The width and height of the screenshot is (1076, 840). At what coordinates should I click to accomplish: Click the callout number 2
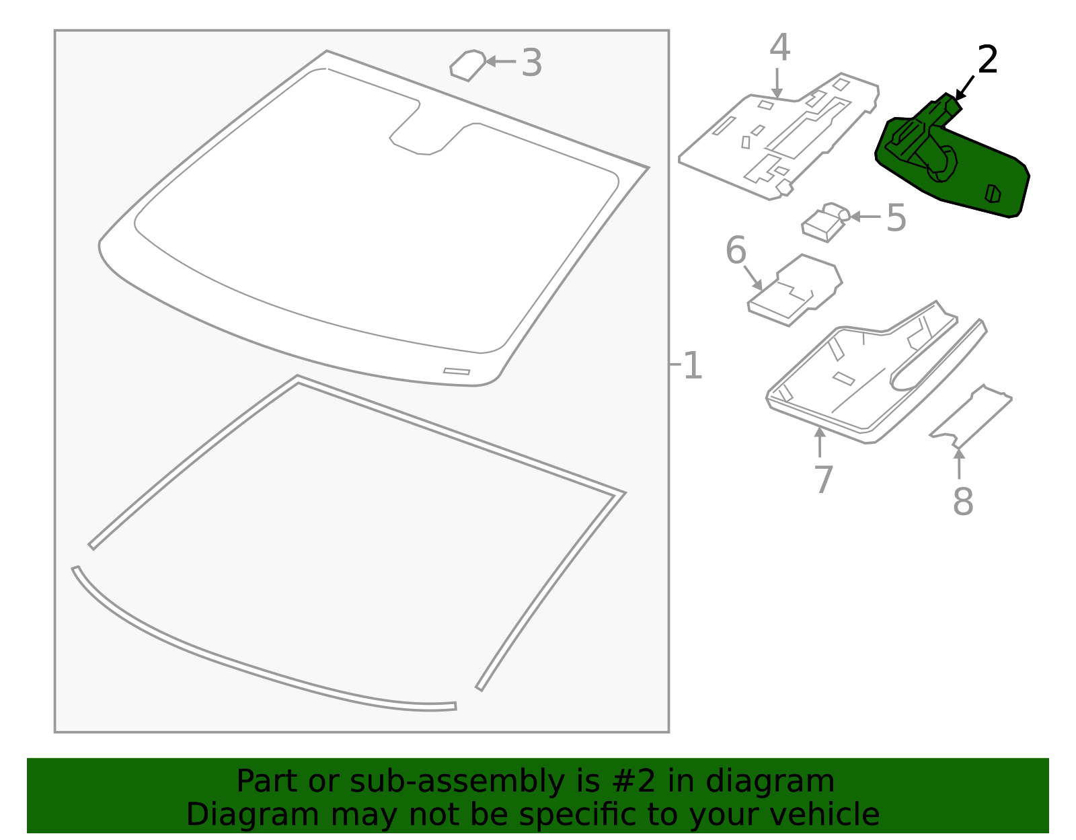[x=987, y=61]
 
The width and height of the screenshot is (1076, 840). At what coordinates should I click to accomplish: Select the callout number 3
[x=531, y=64]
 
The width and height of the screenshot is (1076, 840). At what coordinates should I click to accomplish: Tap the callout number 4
[x=779, y=48]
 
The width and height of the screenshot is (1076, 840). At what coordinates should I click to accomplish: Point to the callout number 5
[x=896, y=218]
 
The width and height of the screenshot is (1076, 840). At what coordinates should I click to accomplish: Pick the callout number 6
[x=736, y=250]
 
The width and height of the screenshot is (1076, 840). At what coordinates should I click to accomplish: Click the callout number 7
[x=823, y=480]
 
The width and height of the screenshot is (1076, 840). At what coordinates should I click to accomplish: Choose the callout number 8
[x=962, y=502]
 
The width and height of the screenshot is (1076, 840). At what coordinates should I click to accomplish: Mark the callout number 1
[x=692, y=367]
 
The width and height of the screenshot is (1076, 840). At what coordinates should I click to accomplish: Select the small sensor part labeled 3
[x=468, y=66]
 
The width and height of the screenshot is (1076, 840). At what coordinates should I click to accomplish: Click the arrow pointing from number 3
[x=500, y=61]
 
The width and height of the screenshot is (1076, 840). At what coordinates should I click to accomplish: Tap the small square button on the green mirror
[x=993, y=194]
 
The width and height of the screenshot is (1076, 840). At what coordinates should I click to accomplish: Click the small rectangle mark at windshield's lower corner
[x=457, y=371]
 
